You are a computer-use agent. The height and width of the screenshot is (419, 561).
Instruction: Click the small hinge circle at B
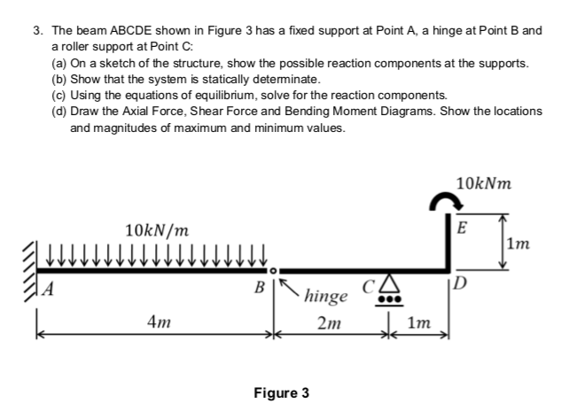point(274,266)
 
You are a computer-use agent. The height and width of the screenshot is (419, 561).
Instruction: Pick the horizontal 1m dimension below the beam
point(424,325)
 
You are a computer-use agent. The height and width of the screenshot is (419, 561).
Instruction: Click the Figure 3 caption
point(281,392)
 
